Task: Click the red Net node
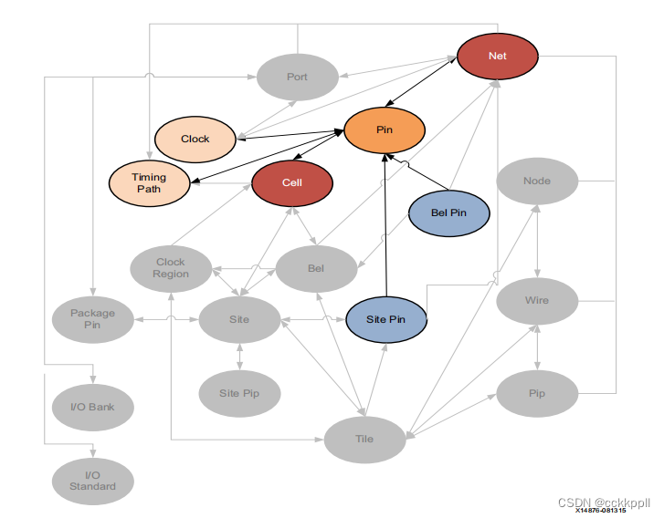tap(497, 56)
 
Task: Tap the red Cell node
tap(291, 182)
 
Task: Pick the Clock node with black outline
tap(195, 139)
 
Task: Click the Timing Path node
tap(148, 182)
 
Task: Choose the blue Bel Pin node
tap(448, 212)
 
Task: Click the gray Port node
tap(297, 77)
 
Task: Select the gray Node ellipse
tap(537, 181)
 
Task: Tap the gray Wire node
tap(537, 300)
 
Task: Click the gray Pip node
tap(537, 394)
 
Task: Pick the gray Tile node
tap(364, 440)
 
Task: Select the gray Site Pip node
tap(239, 394)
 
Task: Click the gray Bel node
tap(316, 269)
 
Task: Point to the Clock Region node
tap(171, 268)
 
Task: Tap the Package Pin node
tap(93, 318)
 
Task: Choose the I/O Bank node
tap(93, 406)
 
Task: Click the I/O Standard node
tap(93, 481)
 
